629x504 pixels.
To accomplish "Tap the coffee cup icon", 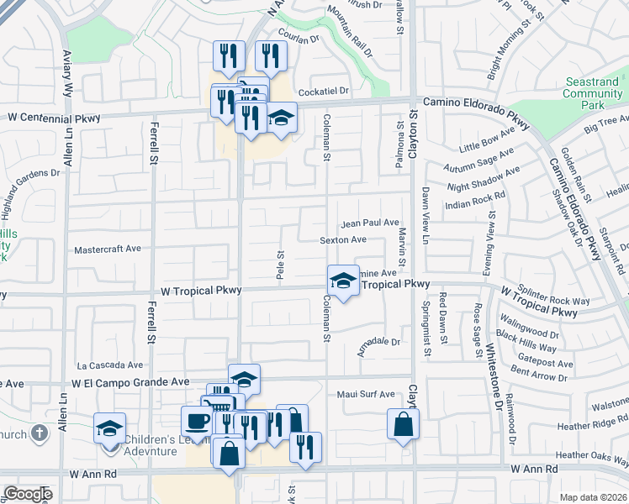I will [x=197, y=420].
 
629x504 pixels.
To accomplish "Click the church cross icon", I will [x=38, y=433].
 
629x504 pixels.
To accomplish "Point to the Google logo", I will [x=28, y=494].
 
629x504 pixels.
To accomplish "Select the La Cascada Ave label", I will [x=110, y=365].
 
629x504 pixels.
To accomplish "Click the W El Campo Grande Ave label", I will [x=130, y=381].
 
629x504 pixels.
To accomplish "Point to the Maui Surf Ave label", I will [x=366, y=394].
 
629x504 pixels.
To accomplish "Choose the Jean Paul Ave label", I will [x=369, y=223].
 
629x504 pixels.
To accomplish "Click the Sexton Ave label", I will [x=343, y=239].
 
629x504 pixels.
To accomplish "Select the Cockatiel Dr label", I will [x=336, y=90].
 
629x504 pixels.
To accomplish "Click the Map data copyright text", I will [x=593, y=497].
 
